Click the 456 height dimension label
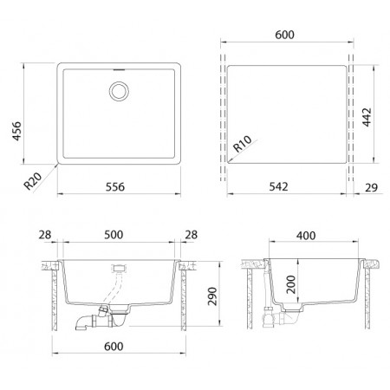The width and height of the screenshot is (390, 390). pos(16,131)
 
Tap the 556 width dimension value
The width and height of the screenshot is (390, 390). pos(115,187)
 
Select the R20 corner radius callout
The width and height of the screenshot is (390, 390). pos(33,181)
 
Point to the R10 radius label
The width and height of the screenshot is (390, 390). pos(242,144)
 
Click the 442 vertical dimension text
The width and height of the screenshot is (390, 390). pos(367,117)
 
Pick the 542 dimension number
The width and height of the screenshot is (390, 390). pos(278,186)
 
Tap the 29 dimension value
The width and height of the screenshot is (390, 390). pos(371,187)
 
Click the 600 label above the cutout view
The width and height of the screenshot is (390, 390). pos(284,35)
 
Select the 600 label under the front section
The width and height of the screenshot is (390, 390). pos(114,346)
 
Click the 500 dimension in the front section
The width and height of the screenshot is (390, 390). pos(114,235)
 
